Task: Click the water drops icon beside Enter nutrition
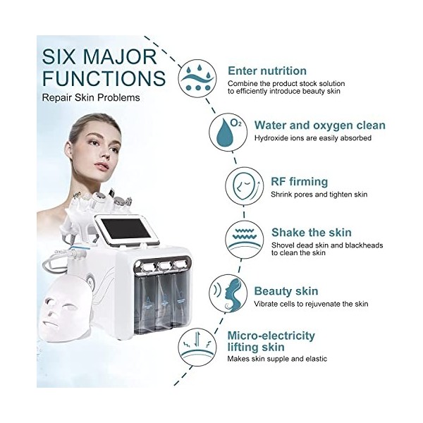[197, 78]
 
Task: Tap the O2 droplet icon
[228, 133]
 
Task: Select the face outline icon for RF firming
[245, 186]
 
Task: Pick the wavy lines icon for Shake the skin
[245, 240]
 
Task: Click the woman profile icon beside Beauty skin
[228, 293]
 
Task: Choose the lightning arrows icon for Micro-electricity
[197, 347]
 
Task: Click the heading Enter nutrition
[267, 71]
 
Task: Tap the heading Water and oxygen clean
[320, 125]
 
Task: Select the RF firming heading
[299, 182]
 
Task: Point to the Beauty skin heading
[286, 291]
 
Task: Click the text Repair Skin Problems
[91, 98]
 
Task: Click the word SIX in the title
[58, 57]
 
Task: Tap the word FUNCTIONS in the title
[104, 78]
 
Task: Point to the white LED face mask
[66, 309]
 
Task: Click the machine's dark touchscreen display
[126, 228]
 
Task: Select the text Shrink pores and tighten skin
[319, 195]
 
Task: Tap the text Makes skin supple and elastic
[277, 359]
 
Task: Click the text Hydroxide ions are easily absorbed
[313, 138]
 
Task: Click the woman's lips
[102, 166]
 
